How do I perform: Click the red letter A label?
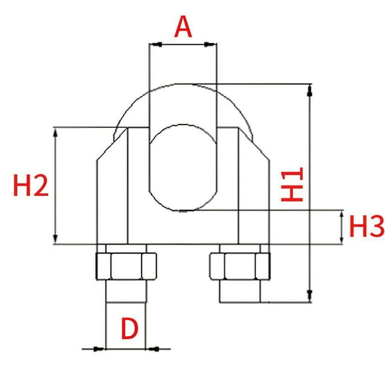click(x=183, y=26)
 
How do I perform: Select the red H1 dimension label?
click(x=292, y=185)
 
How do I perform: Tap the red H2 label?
click(x=31, y=185)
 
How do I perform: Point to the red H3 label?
click(x=366, y=226)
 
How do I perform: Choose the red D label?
click(x=130, y=328)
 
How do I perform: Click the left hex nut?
click(x=126, y=266)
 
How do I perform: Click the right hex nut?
click(x=240, y=266)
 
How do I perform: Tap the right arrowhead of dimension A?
click(x=211, y=45)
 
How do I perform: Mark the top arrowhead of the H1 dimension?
click(x=310, y=90)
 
